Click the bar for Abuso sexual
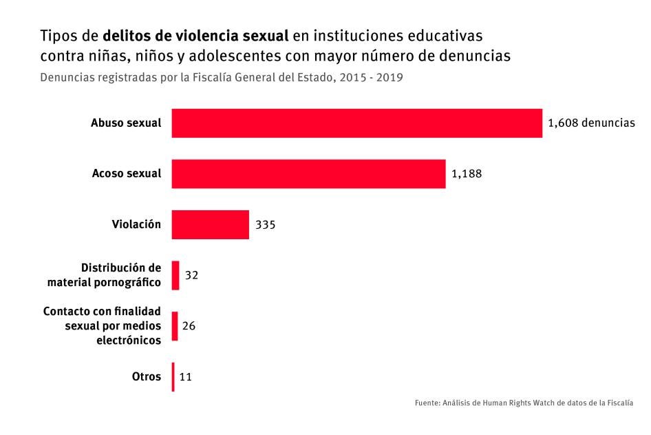coord(356,123)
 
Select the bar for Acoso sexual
coord(308,174)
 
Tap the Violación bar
coord(210,225)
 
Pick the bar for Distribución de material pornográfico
coord(175,275)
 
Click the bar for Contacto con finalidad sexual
coord(175,326)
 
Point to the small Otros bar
coord(173,377)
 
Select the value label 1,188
coord(467,174)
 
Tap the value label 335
coord(266,225)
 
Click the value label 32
coord(192,275)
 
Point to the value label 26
coord(189,326)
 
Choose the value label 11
coord(186,377)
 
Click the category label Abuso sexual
coord(126,123)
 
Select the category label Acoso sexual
coord(127,174)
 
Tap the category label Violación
coord(136,225)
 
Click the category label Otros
coord(146,377)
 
